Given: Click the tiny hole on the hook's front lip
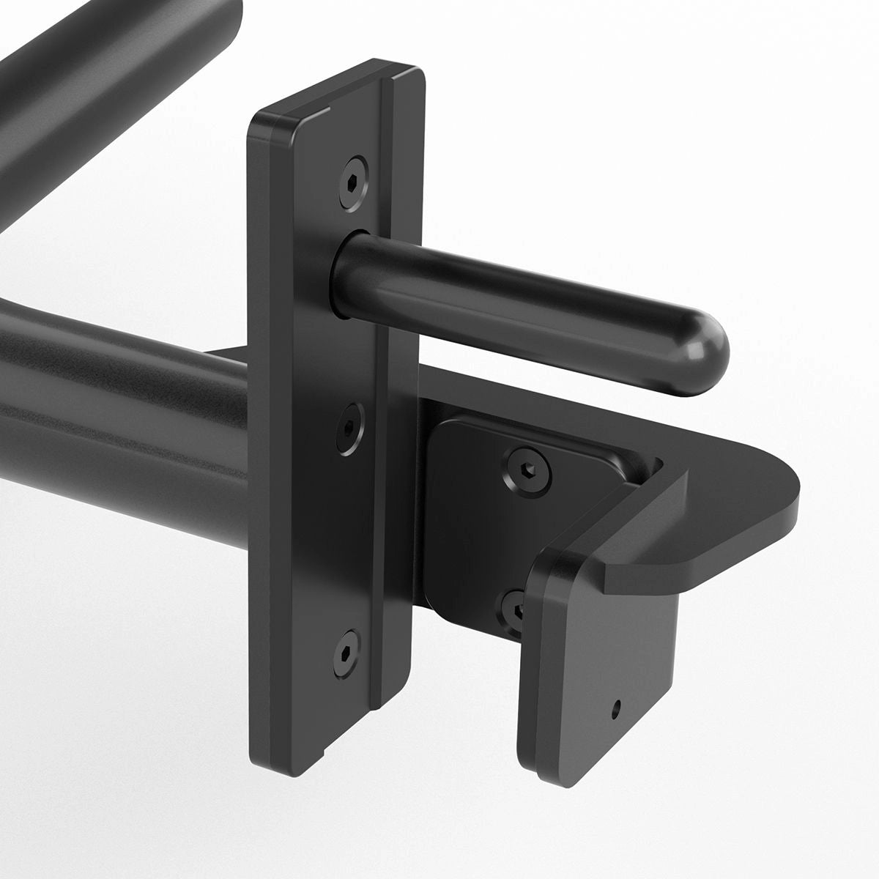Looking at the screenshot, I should point(617,707).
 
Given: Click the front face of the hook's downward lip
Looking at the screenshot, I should point(601,681).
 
